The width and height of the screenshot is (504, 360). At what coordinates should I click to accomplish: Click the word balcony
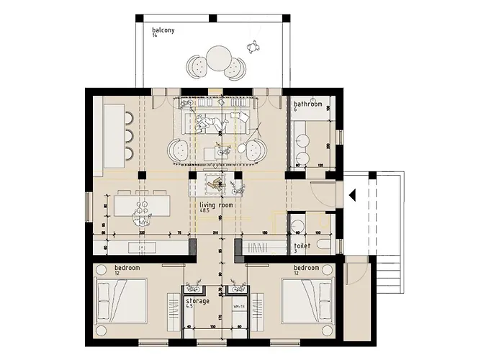[163, 31]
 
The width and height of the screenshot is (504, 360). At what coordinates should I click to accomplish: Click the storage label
[198, 301]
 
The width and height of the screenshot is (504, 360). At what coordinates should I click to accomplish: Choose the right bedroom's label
[306, 268]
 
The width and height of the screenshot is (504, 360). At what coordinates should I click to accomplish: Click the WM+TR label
[237, 305]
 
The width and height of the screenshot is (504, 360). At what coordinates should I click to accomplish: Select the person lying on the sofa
[209, 124]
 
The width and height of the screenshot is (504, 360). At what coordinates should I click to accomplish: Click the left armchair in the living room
[180, 150]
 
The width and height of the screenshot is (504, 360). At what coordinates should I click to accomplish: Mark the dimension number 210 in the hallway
[215, 233]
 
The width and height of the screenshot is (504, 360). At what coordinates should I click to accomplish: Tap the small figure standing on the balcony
[252, 47]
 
